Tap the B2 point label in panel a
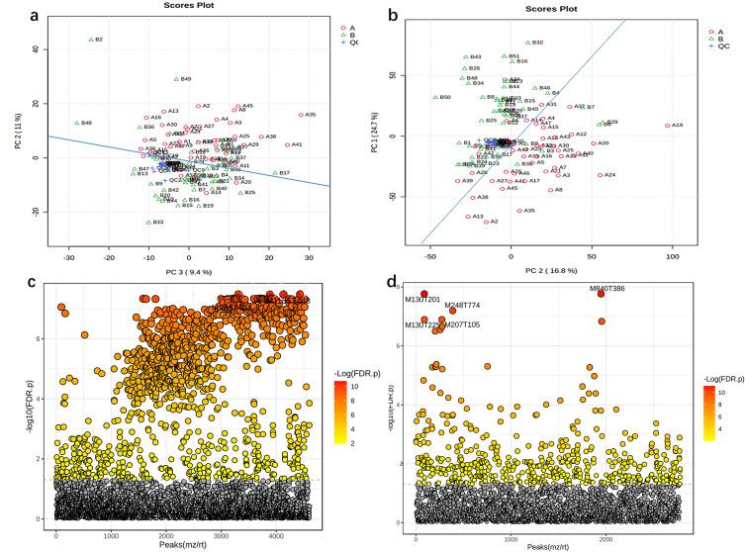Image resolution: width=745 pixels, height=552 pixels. click(x=99, y=40)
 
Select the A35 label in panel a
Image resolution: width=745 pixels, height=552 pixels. click(x=311, y=115)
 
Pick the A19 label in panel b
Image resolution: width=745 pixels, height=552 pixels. click(x=677, y=126)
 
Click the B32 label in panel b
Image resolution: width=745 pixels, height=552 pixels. click(x=538, y=43)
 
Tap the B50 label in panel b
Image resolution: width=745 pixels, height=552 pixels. click(x=445, y=97)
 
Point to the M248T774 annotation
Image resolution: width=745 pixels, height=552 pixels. click(x=462, y=306)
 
